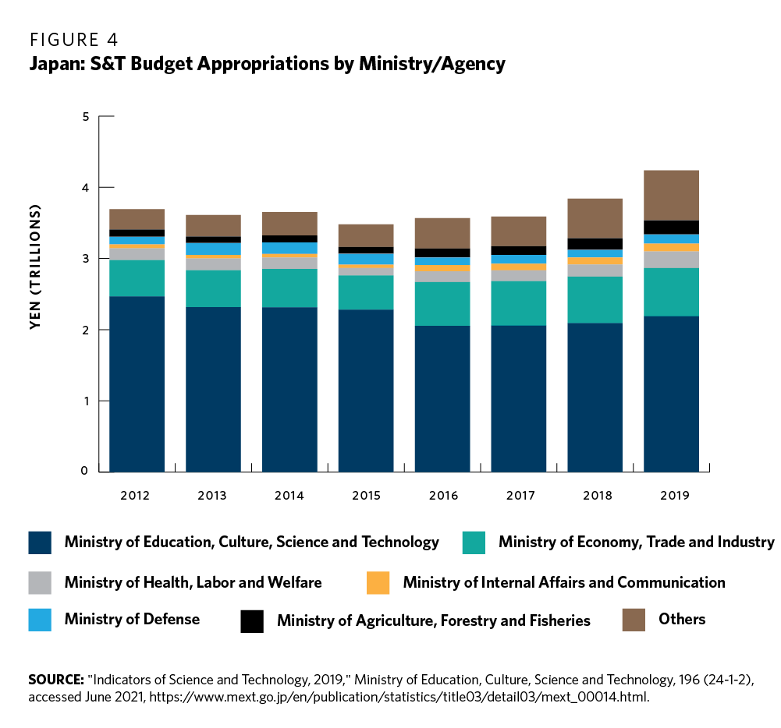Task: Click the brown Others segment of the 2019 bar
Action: pos(671,195)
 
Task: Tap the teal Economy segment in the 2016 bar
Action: pos(442,303)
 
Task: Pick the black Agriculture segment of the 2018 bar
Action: pos(595,244)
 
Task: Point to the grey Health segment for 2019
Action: pos(671,260)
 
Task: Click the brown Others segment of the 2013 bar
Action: pos(213,225)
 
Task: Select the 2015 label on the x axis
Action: pos(366,495)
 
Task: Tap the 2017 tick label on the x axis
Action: pos(519,495)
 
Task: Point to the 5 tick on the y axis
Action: pos(86,117)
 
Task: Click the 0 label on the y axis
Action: pos(86,472)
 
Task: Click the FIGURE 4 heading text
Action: pos(73,38)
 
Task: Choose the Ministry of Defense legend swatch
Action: pos(40,620)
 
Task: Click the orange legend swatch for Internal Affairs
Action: pos(378,582)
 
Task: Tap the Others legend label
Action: pos(682,619)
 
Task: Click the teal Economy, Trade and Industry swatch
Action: pos(474,542)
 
